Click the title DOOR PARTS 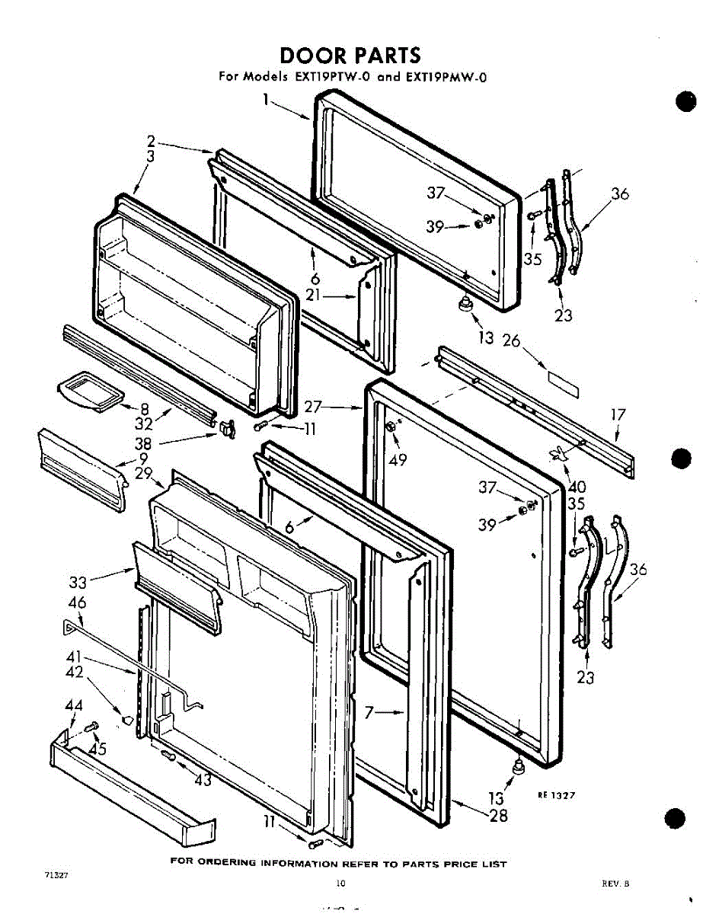[350, 56]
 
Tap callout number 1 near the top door [267, 99]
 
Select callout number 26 [510, 340]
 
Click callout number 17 [618, 415]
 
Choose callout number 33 [78, 583]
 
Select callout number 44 [73, 706]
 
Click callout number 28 [498, 816]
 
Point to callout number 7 [369, 713]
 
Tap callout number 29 [144, 473]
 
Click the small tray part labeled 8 [89, 391]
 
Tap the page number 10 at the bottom [340, 884]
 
